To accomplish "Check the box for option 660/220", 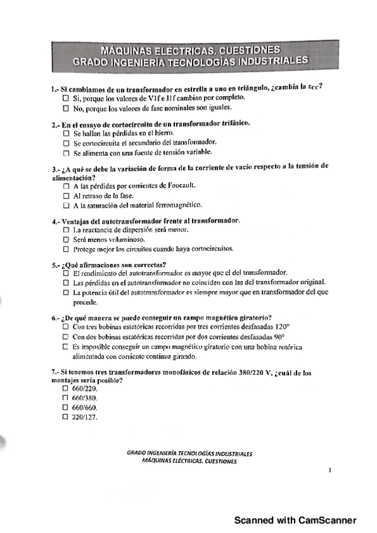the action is [x=65, y=389].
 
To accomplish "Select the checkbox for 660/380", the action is [x=65, y=398].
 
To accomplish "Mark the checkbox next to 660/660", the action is [x=65, y=407].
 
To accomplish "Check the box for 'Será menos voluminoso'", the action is [x=66, y=239].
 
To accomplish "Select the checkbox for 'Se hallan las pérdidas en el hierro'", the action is [x=66, y=134].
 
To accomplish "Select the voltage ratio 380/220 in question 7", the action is [x=253, y=372].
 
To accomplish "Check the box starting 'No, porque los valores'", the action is [x=66, y=107].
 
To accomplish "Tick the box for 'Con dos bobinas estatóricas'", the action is [x=66, y=336].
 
